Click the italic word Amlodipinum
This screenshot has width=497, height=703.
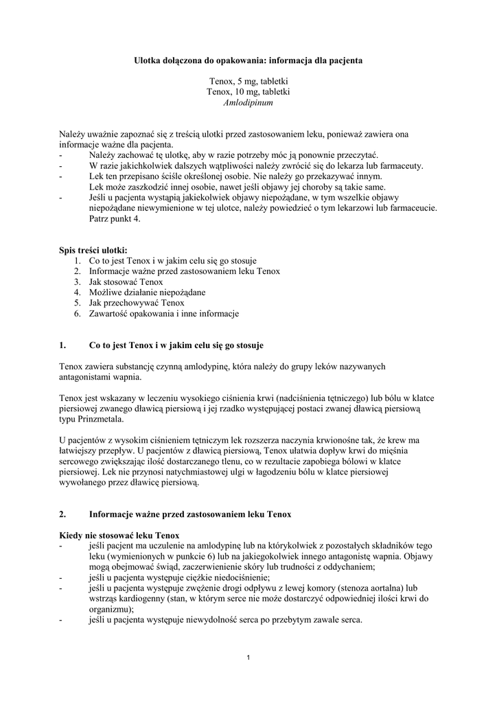tap(248, 102)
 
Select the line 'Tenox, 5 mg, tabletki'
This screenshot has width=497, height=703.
tap(248, 81)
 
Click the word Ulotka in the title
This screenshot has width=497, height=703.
tap(147, 60)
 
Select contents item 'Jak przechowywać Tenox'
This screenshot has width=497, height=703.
tap(137, 302)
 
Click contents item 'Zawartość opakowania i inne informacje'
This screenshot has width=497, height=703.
tap(163, 313)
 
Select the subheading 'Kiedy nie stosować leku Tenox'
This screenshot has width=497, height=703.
tap(119, 535)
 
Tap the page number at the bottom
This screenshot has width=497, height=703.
tap(248, 659)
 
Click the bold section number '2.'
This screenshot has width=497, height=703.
tap(62, 514)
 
